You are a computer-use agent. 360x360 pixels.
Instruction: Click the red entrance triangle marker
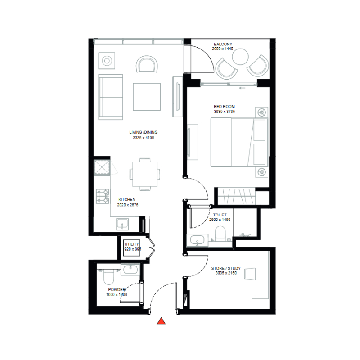[x=162, y=321]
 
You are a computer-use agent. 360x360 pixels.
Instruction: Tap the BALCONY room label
[x=223, y=44]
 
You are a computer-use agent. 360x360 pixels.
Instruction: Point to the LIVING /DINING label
[x=144, y=132]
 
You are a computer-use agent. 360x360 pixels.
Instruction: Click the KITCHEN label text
[x=127, y=199]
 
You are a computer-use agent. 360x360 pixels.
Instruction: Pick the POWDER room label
[x=117, y=290]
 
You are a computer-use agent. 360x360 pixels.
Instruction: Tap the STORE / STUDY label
[x=226, y=269]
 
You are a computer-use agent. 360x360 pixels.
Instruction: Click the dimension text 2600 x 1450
[x=220, y=220]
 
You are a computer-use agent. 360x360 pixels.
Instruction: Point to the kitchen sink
[x=122, y=223]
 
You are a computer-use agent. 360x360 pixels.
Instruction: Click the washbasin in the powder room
[x=130, y=270]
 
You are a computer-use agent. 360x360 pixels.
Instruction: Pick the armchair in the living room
[x=148, y=64]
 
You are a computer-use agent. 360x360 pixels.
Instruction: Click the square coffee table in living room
[x=147, y=96]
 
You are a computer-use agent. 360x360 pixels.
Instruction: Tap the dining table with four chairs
[x=145, y=173]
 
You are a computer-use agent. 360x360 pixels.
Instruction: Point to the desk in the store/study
[x=261, y=274]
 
